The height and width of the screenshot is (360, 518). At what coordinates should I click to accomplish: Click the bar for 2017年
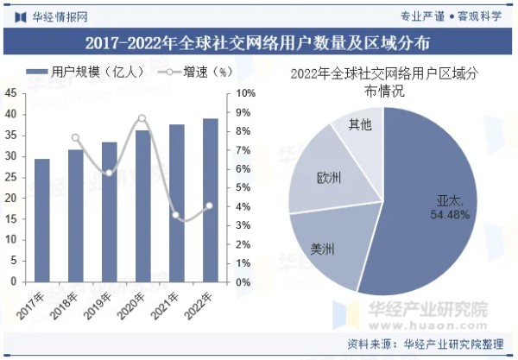click(x=41, y=220)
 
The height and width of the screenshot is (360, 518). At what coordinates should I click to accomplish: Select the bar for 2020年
click(x=142, y=206)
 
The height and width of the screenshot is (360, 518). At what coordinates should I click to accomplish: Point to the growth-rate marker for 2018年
click(x=75, y=137)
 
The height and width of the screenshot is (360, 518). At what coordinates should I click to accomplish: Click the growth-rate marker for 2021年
click(x=176, y=216)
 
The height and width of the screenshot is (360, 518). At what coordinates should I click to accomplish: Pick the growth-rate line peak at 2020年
click(x=142, y=118)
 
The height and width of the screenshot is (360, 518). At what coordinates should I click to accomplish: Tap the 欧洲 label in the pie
click(x=328, y=179)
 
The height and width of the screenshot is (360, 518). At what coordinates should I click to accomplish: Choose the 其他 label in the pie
click(x=360, y=125)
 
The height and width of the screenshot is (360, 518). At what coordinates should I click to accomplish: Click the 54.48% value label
click(x=449, y=214)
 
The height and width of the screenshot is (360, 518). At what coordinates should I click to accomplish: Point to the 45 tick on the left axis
click(x=10, y=93)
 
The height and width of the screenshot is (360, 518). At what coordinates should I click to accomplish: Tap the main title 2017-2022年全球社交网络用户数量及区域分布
click(x=259, y=41)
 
